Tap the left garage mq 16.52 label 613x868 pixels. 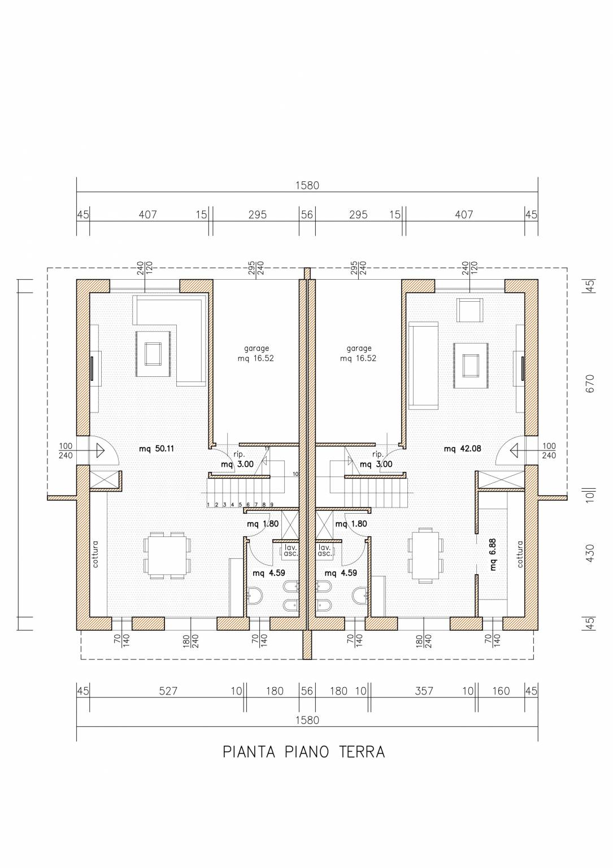256,353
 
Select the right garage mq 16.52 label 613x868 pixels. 358,353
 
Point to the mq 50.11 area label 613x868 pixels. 156,449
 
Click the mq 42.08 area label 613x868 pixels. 463,449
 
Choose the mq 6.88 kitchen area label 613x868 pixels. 493,554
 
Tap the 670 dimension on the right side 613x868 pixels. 590,383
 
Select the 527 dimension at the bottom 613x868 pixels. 168,691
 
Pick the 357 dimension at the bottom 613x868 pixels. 424,691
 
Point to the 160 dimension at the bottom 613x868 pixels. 501,691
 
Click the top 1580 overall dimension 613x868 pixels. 307,185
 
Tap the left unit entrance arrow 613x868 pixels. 101,450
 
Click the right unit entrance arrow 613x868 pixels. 515,450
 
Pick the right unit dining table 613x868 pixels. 425,555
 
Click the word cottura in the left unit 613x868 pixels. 95,554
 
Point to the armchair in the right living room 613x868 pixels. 469,310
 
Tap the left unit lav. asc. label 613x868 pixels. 290,550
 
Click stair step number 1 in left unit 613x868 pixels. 208,505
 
